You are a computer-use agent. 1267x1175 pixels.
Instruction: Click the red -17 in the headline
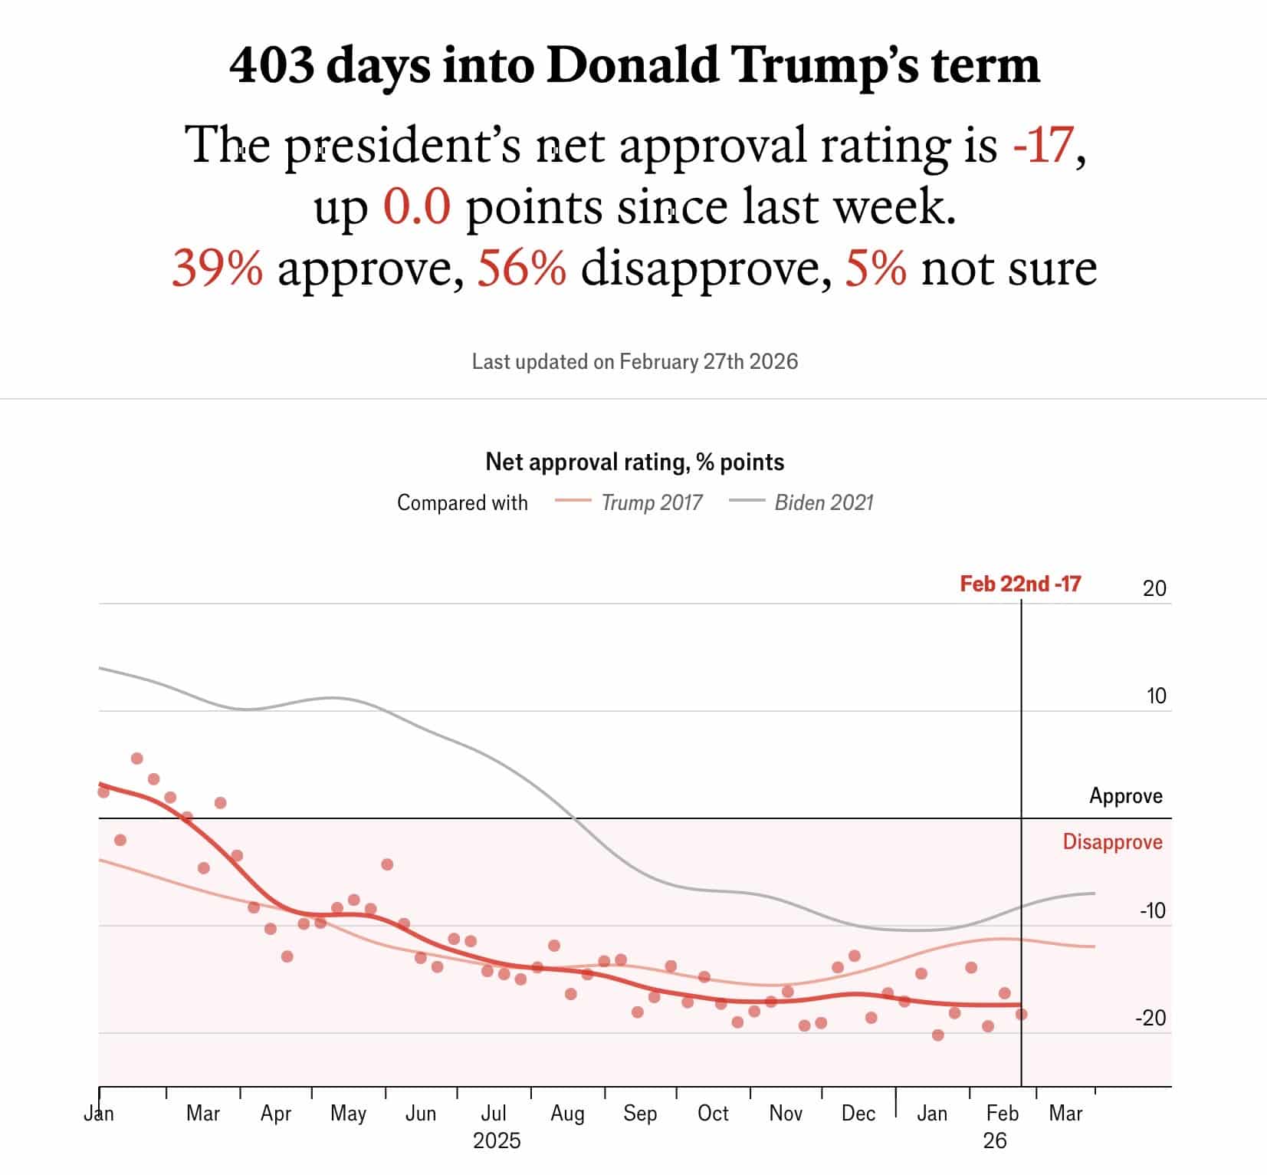(1042, 145)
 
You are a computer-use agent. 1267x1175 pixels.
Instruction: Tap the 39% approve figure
(217, 268)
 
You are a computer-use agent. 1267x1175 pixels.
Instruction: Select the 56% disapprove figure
(522, 268)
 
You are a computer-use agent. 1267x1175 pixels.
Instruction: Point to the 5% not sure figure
(875, 268)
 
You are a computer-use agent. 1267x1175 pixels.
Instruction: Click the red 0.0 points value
(416, 207)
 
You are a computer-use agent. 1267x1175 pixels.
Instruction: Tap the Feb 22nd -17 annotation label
(1019, 584)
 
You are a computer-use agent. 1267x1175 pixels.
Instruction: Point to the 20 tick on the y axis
(1154, 588)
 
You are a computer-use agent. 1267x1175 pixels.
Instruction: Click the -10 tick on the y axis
(1152, 910)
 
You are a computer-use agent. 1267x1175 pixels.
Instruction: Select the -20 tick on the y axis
(1150, 1018)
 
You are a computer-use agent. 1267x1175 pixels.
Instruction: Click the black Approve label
(1125, 795)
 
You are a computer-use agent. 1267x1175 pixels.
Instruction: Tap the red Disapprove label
(1111, 841)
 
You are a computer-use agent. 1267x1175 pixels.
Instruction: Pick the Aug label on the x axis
(567, 1113)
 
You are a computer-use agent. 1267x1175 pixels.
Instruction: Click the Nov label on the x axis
(785, 1113)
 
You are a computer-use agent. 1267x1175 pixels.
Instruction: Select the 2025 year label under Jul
(497, 1140)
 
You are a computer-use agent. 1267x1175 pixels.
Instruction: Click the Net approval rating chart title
(635, 462)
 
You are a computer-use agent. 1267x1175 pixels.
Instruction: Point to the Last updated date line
(635, 361)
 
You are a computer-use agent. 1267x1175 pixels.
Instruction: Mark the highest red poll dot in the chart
(137, 759)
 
